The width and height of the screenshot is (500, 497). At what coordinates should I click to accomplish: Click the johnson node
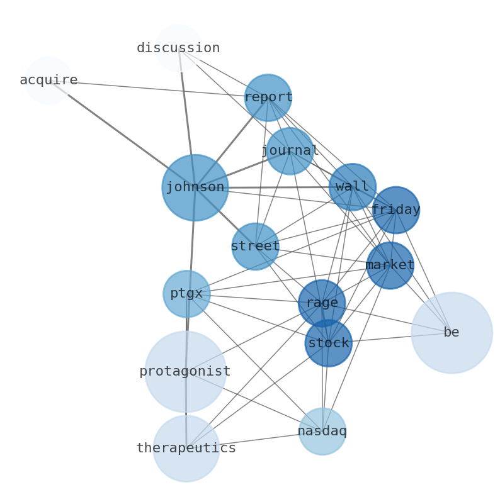195,187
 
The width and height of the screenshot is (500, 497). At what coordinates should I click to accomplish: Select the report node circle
268,98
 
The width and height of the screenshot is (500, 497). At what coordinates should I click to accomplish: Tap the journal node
289,151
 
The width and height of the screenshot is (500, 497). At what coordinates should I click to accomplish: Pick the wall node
352,187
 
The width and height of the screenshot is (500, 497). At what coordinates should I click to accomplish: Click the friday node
395,209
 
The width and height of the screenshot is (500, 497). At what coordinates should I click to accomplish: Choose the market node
390,265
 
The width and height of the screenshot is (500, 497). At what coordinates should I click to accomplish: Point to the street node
255,246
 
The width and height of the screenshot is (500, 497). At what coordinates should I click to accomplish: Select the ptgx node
186,293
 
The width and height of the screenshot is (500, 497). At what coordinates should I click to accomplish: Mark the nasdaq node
322,431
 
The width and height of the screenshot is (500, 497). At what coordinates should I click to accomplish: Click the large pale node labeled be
452,332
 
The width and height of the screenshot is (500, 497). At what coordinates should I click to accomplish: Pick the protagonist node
185,371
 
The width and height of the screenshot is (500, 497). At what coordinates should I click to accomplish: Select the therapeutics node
186,448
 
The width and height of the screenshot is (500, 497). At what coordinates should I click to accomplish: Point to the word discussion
178,48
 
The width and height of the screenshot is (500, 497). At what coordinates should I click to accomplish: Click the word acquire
48,80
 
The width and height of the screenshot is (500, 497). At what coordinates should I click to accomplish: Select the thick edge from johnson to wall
277,187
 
